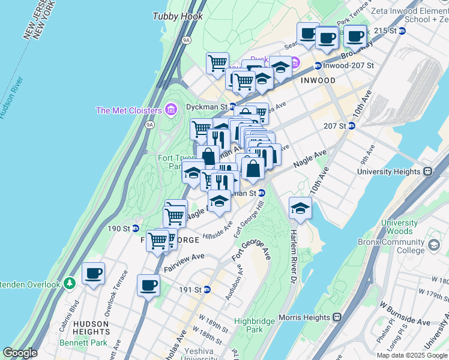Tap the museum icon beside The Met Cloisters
pyautogui.click(x=171, y=110)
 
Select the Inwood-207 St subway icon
pyautogui.click(x=318, y=65)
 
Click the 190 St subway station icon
pyautogui.click(x=136, y=229)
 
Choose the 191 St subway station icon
pyautogui.click(x=207, y=289)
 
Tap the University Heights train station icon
pyautogui.click(x=428, y=171)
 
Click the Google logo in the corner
pyautogui.click(x=20, y=353)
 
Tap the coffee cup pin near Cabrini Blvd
pyautogui.click(x=94, y=274)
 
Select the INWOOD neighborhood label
pyautogui.click(x=318, y=80)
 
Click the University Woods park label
pyautogui.click(x=399, y=227)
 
